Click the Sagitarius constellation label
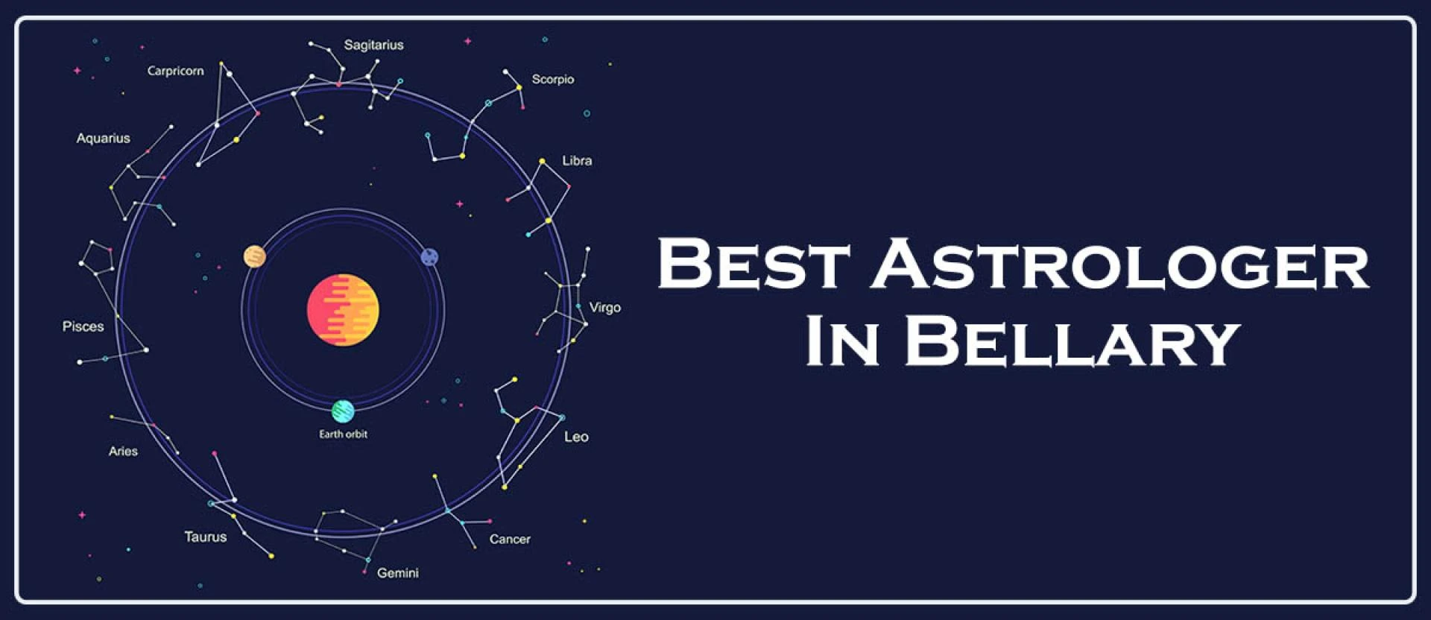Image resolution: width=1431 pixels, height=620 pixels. coord(373,45)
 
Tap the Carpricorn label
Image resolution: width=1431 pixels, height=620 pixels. coord(175,72)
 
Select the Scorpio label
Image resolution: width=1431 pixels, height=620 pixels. coord(552,80)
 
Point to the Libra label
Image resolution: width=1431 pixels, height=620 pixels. coord(577,161)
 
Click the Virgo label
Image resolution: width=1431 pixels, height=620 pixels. coord(604,308)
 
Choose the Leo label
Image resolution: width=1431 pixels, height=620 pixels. coord(576,437)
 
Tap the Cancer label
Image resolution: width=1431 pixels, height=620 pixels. coord(510,540)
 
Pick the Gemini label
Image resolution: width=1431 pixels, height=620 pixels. coord(397,573)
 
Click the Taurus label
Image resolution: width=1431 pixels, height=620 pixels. coord(205,537)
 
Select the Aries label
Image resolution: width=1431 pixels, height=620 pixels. coord(123,452)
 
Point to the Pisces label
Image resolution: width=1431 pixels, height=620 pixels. coord(83,326)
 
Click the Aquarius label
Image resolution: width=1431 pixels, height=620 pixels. coord(103,139)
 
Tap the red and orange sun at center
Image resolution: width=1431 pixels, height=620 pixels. coord(343,310)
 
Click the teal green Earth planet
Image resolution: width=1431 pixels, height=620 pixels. coord(343,411)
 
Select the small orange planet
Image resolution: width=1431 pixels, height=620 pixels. coord(255,256)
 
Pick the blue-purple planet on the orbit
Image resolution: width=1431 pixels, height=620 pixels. coord(429,257)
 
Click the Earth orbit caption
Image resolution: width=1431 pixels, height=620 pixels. coord(343,434)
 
